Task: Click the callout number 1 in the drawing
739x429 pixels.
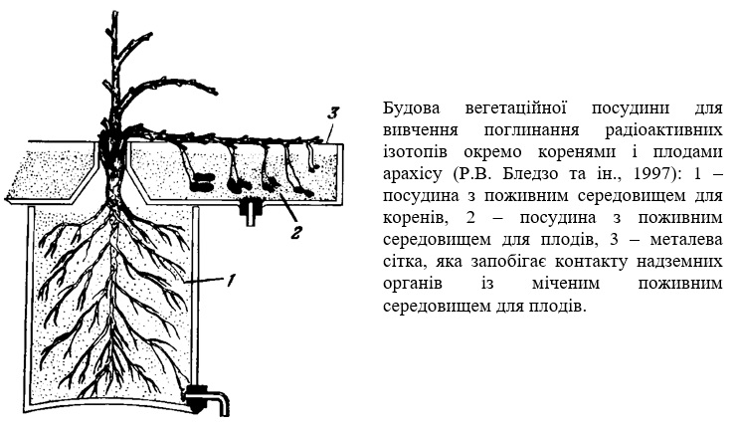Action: pos(230,281)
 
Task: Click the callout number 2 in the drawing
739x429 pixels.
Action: pos(295,232)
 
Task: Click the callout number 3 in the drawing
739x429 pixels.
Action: pos(333,114)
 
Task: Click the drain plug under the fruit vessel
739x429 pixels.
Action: pos(251,211)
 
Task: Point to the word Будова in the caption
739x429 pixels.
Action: pos(411,108)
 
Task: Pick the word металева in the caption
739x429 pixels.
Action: pos(685,240)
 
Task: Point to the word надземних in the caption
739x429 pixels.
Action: pos(679,262)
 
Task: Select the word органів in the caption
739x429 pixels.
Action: pos(413,285)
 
